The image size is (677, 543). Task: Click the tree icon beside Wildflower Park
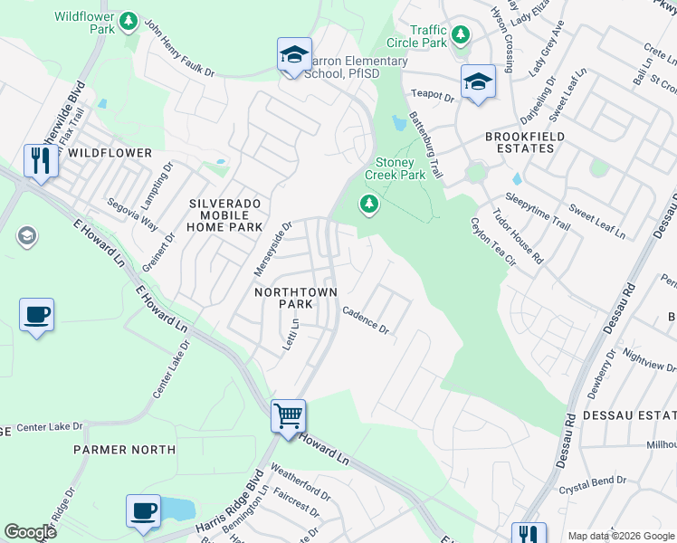pyautogui.click(x=129, y=21)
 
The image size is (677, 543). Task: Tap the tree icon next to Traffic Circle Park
pyautogui.click(x=462, y=35)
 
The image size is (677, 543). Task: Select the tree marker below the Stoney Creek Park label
pyautogui.click(x=368, y=205)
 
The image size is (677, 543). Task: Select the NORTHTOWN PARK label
pyautogui.click(x=296, y=300)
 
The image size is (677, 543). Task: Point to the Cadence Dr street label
pyautogui.click(x=365, y=320)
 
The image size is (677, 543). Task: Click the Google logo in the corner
pyautogui.click(x=30, y=532)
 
